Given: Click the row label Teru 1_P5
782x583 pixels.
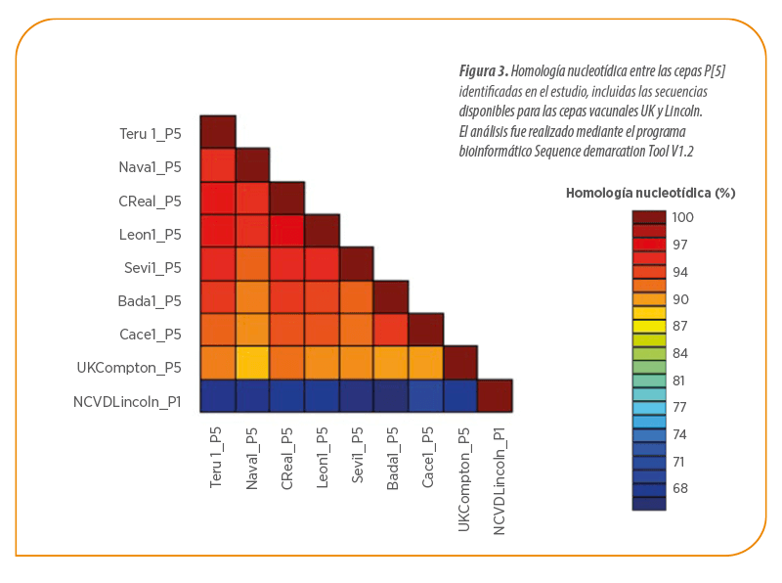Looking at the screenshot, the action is pyautogui.click(x=151, y=134).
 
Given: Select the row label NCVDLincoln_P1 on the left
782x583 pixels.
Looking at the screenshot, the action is pyautogui.click(x=127, y=402).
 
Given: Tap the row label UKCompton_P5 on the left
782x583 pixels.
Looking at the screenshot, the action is pyautogui.click(x=129, y=368).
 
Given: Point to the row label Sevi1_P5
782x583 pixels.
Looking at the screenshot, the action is pyautogui.click(x=152, y=268).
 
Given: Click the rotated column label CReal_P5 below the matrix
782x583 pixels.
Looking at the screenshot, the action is pyautogui.click(x=286, y=458).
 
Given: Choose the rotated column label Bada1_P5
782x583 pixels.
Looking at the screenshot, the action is pyautogui.click(x=392, y=458).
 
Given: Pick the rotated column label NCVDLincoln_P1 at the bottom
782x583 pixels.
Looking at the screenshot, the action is pyautogui.click(x=499, y=481).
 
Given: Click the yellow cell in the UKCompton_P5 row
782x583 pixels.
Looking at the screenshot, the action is pyautogui.click(x=253, y=363).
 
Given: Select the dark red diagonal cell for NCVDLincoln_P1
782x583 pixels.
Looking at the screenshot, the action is pyautogui.click(x=496, y=396).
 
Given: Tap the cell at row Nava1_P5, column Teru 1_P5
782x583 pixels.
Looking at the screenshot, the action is pyautogui.click(x=218, y=164).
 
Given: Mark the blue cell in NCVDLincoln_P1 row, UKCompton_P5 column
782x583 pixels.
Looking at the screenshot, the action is pyautogui.click(x=460, y=396).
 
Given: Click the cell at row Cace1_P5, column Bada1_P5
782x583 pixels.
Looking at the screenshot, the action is pyautogui.click(x=391, y=330).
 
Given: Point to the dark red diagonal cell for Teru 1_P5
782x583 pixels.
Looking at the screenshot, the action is pyautogui.click(x=218, y=132).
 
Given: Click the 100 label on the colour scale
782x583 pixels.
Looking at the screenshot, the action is pyautogui.click(x=682, y=217).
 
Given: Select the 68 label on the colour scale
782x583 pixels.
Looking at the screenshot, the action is pyautogui.click(x=680, y=488).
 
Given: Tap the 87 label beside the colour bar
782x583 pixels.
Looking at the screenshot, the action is pyautogui.click(x=680, y=326).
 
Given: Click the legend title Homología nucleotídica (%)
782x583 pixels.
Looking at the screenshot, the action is pyautogui.click(x=651, y=193).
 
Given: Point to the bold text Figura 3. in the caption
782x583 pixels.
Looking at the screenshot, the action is pyautogui.click(x=484, y=71).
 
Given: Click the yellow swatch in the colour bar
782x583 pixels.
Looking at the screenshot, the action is pyautogui.click(x=649, y=327).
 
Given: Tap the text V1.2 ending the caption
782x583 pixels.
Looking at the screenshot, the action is pyautogui.click(x=682, y=152).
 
